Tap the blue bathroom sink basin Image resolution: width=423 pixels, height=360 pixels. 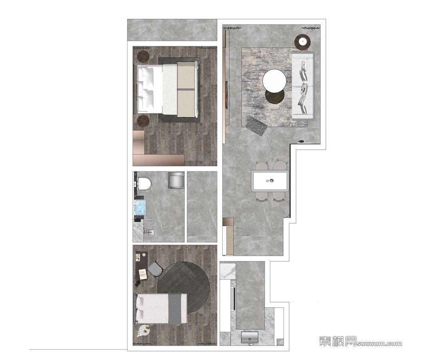140,208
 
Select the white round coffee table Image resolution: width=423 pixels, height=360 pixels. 274,81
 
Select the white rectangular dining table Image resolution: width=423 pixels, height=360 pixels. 270,181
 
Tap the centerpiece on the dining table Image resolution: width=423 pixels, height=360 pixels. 270,180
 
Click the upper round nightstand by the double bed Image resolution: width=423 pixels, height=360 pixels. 143,56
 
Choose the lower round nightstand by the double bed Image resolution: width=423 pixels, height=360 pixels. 143,121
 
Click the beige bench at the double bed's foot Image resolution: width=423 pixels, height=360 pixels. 186,90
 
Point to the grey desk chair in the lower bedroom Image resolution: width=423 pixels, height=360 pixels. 156,269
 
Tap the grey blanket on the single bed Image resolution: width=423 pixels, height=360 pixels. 176,309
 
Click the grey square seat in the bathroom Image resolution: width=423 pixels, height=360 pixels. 176,180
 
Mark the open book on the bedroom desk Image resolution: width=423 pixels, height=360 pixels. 143,274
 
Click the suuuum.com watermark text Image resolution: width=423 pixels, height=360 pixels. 379,344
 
